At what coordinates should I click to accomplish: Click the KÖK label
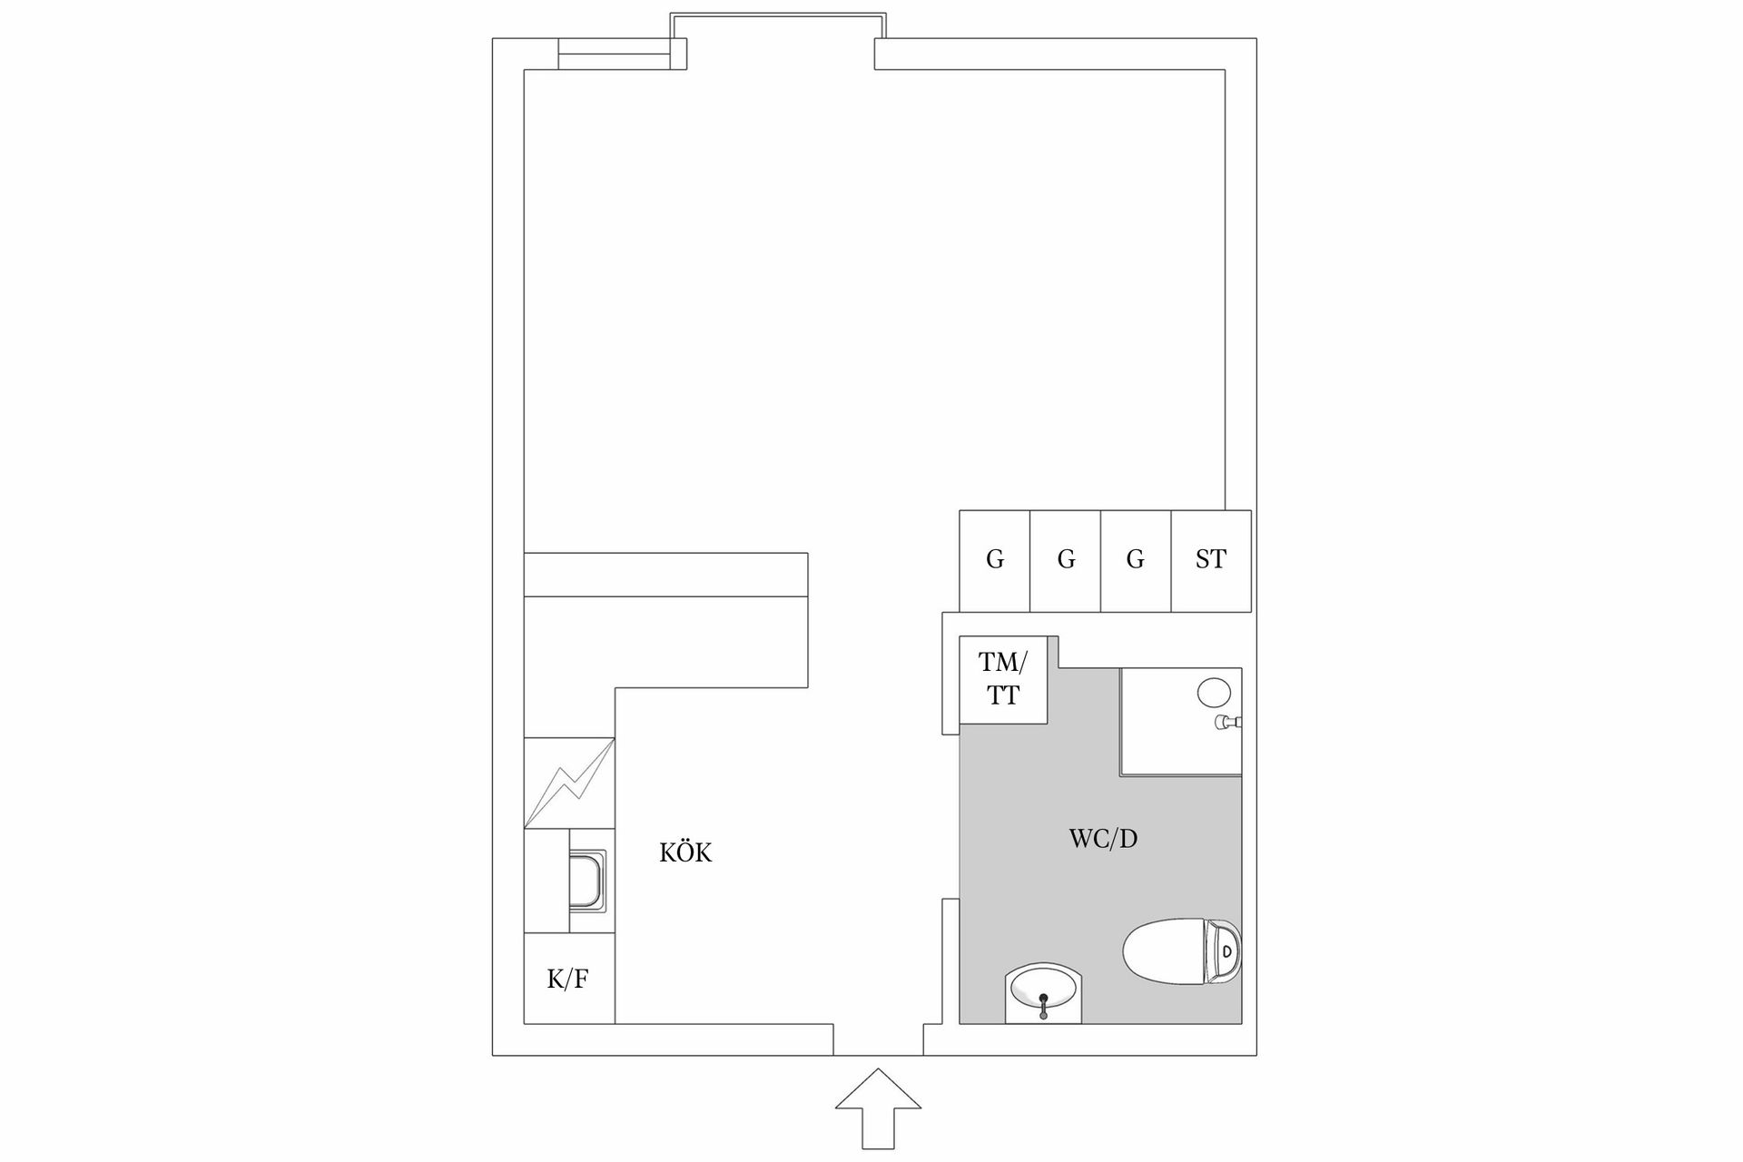click(685, 853)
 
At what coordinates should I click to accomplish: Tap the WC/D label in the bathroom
click(1103, 839)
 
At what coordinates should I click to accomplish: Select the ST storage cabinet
click(1211, 560)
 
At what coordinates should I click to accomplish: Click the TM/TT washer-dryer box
click(1003, 679)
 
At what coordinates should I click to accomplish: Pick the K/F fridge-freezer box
click(568, 979)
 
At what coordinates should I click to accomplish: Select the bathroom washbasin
click(1044, 994)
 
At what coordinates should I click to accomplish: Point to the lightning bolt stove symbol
click(569, 783)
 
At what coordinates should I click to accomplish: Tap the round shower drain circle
click(1214, 693)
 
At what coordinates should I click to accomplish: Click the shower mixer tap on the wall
click(1229, 723)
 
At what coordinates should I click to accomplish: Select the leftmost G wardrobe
click(995, 560)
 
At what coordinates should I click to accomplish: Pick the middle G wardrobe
click(1066, 560)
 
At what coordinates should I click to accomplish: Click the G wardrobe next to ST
click(1136, 560)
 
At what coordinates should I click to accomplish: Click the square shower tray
click(1180, 722)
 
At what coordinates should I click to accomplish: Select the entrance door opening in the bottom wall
click(878, 1040)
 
